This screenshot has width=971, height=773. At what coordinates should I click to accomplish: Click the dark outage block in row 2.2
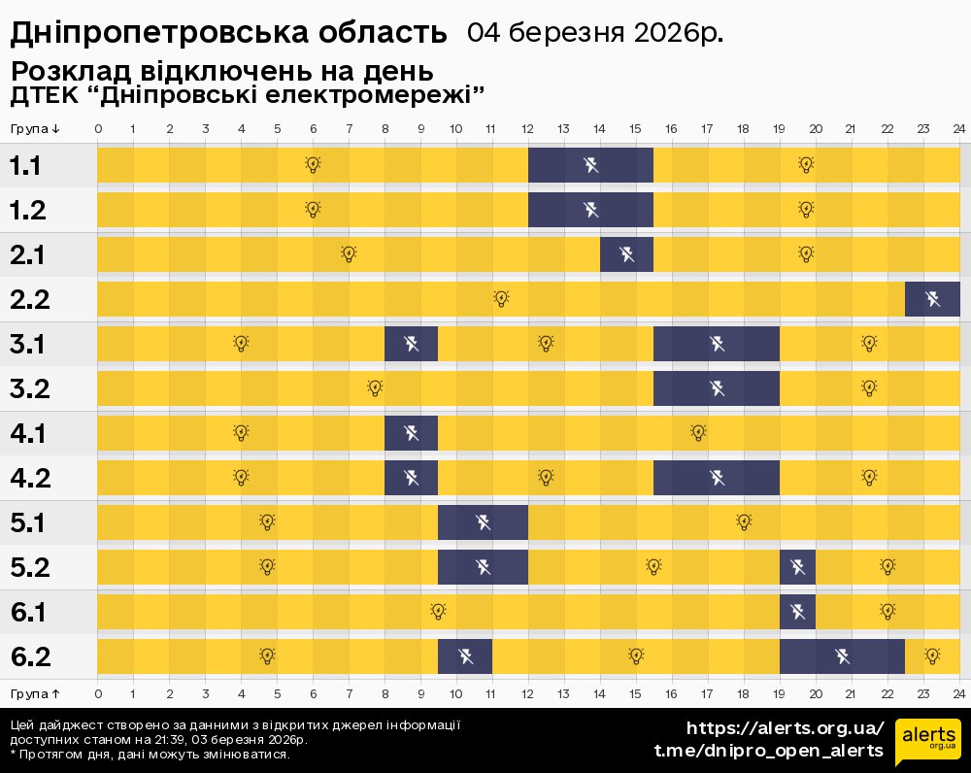[x=932, y=298]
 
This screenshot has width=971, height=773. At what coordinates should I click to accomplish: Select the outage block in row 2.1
[x=626, y=254]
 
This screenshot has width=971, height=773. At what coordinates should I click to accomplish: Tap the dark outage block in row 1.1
[x=590, y=165]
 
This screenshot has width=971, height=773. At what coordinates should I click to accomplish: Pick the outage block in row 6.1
[x=797, y=612]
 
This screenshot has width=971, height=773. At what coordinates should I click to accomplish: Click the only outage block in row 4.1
[x=411, y=433]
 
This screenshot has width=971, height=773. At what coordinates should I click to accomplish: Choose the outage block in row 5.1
[x=483, y=522]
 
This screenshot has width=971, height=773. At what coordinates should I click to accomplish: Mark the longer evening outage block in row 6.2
[x=842, y=656]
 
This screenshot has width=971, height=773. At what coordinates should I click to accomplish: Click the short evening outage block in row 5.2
[x=797, y=567]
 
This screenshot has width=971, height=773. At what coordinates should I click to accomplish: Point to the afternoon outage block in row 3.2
[x=717, y=388]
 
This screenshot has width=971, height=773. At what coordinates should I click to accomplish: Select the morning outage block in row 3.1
[x=411, y=344]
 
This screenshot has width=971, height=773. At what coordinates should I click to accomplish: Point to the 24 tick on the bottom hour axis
[x=958, y=693]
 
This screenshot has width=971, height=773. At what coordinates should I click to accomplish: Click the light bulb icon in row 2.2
[x=501, y=298]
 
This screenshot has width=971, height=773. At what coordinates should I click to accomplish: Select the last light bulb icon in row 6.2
[x=932, y=656]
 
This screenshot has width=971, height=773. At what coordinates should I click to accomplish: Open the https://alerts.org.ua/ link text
[x=786, y=728]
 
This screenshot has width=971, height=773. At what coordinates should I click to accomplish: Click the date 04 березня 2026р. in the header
[x=595, y=32]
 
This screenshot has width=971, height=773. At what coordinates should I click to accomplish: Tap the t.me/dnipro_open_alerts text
[x=769, y=751]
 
